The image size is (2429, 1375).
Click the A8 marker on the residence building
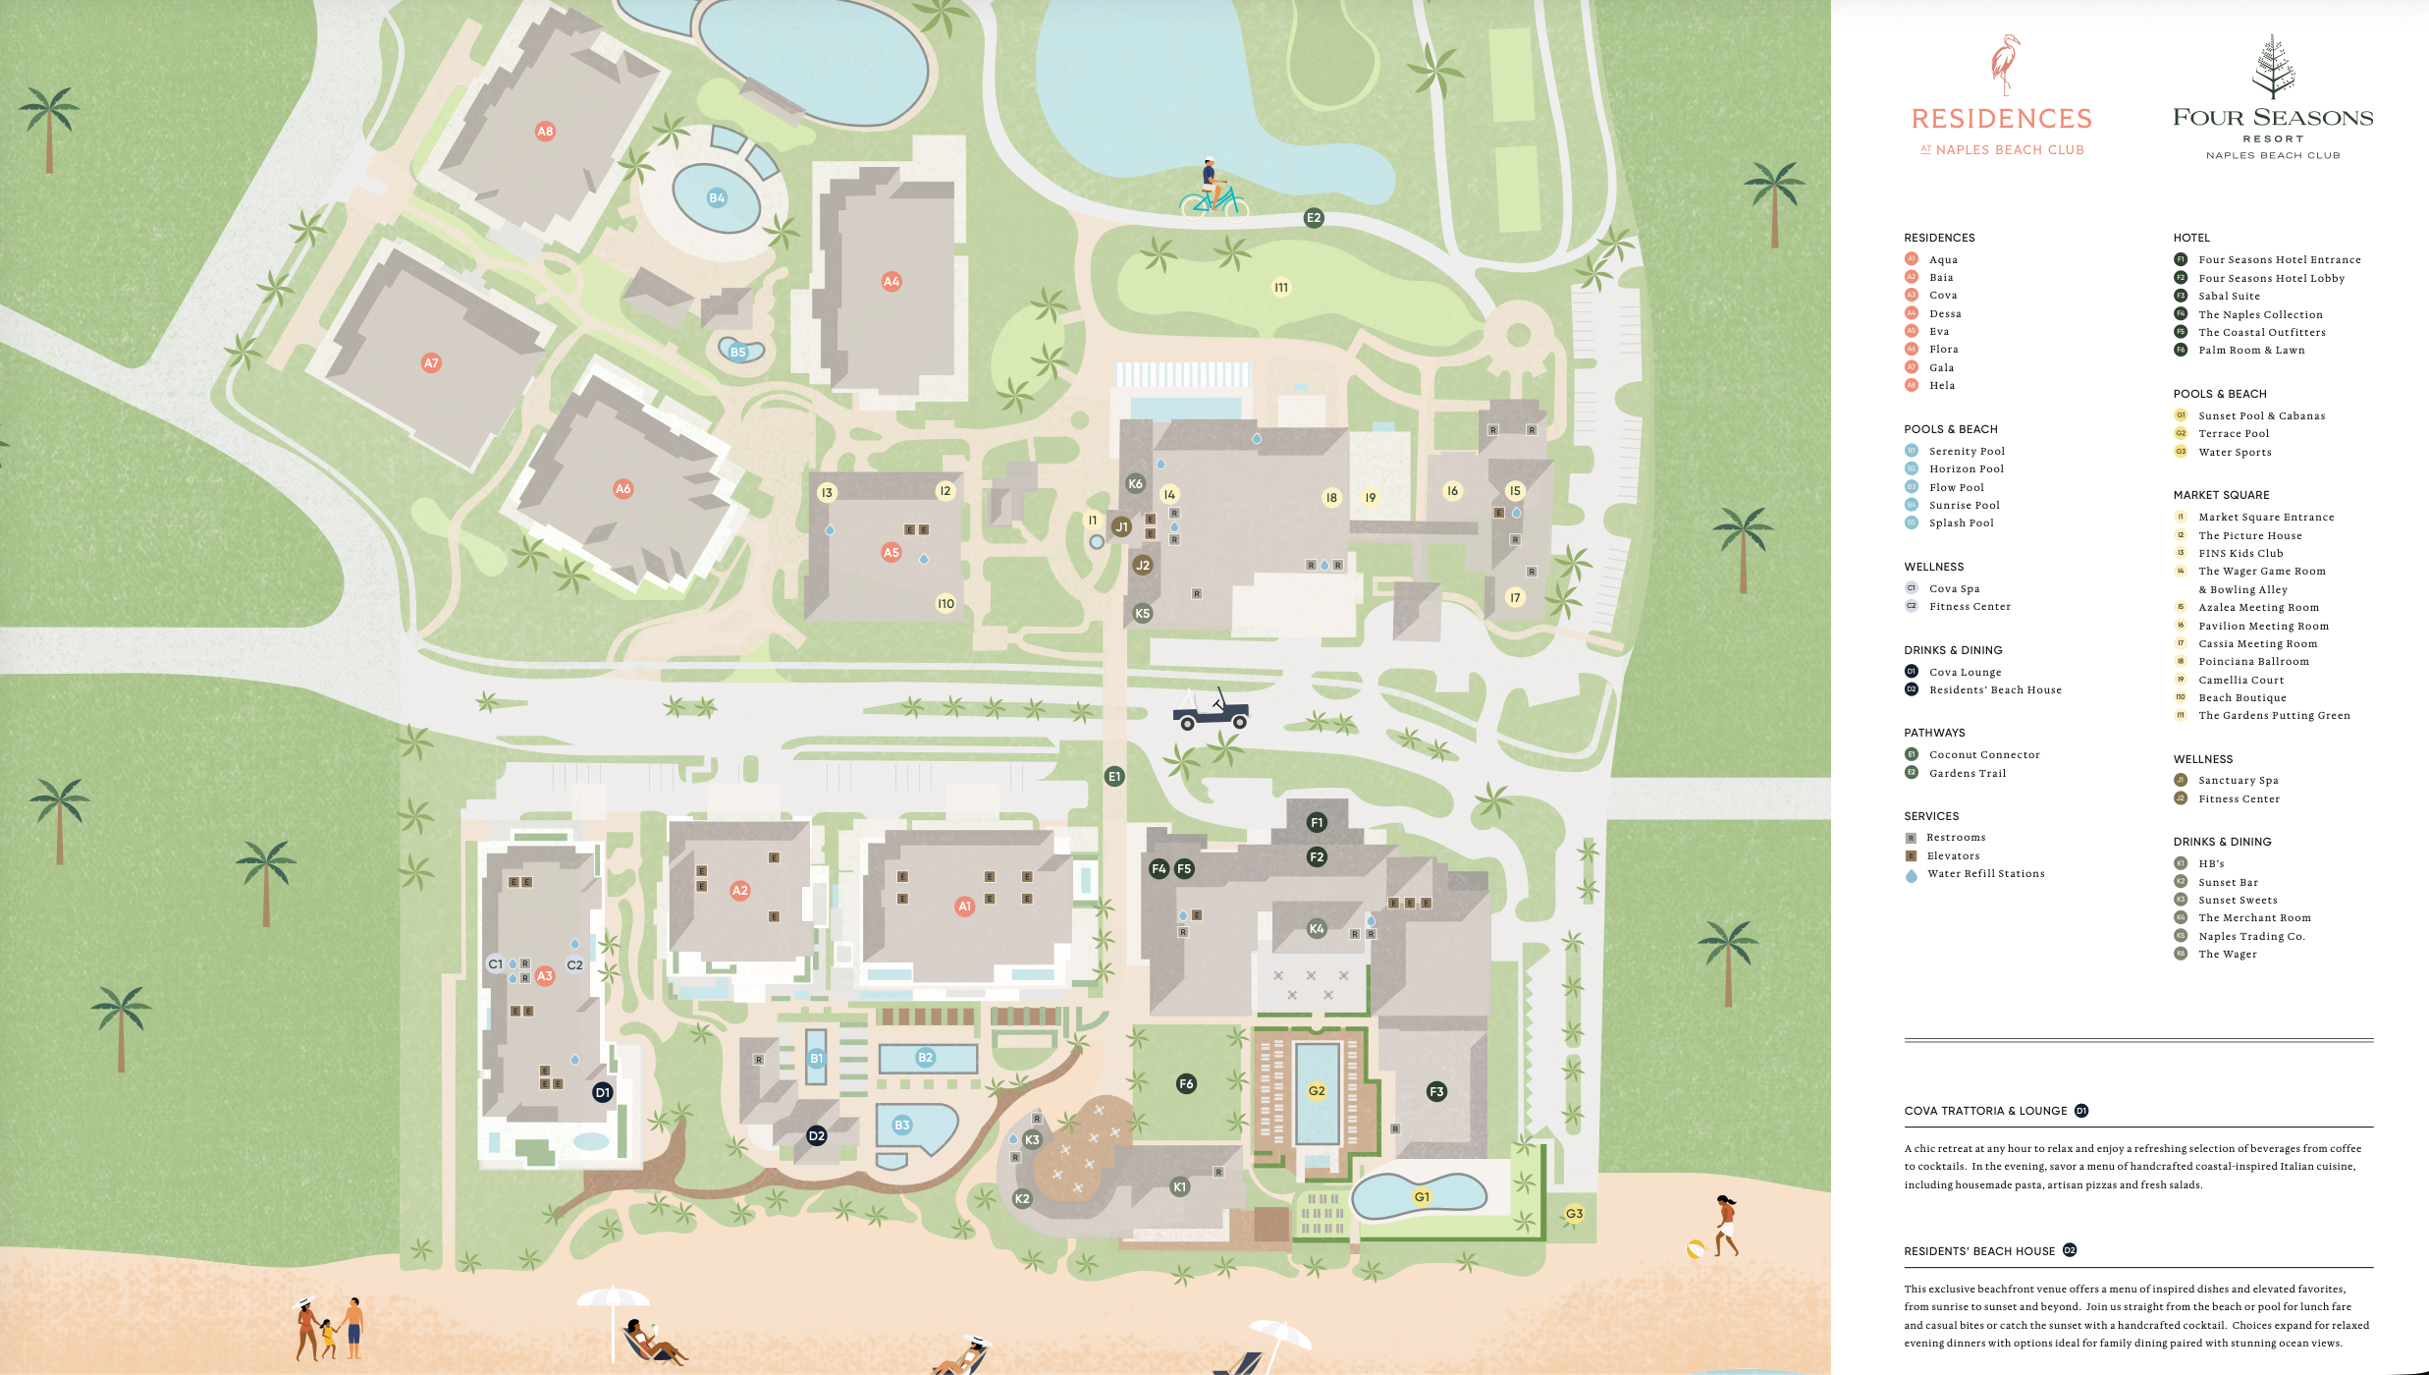coord(545,131)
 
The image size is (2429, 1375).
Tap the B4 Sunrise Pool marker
coord(717,197)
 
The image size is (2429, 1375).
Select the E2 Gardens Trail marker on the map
coord(1314,218)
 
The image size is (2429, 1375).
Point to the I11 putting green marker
coord(1281,287)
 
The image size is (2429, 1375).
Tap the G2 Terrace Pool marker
coord(1317,1090)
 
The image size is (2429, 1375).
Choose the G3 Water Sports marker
coord(1574,1213)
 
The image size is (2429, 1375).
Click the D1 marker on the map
coord(603,1092)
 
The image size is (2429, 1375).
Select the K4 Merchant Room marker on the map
coord(1317,928)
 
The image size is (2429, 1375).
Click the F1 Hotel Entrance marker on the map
coord(1317,822)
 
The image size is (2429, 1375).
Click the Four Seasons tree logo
coord(2273,67)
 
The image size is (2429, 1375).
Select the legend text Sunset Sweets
coord(2238,900)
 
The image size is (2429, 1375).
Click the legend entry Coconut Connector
coord(1983,754)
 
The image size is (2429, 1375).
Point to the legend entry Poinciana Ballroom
coord(2253,661)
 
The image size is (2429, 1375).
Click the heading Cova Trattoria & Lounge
coord(1985,1111)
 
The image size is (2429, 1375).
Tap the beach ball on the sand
coord(1695,1249)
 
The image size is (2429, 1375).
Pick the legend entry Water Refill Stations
coord(1985,873)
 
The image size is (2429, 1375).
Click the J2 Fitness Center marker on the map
coord(1143,565)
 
